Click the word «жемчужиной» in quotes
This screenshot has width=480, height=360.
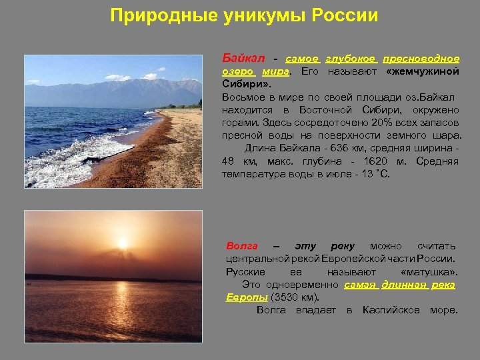point(423,71)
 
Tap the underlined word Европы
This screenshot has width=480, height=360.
point(247,297)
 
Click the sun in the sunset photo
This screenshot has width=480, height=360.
point(123,241)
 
